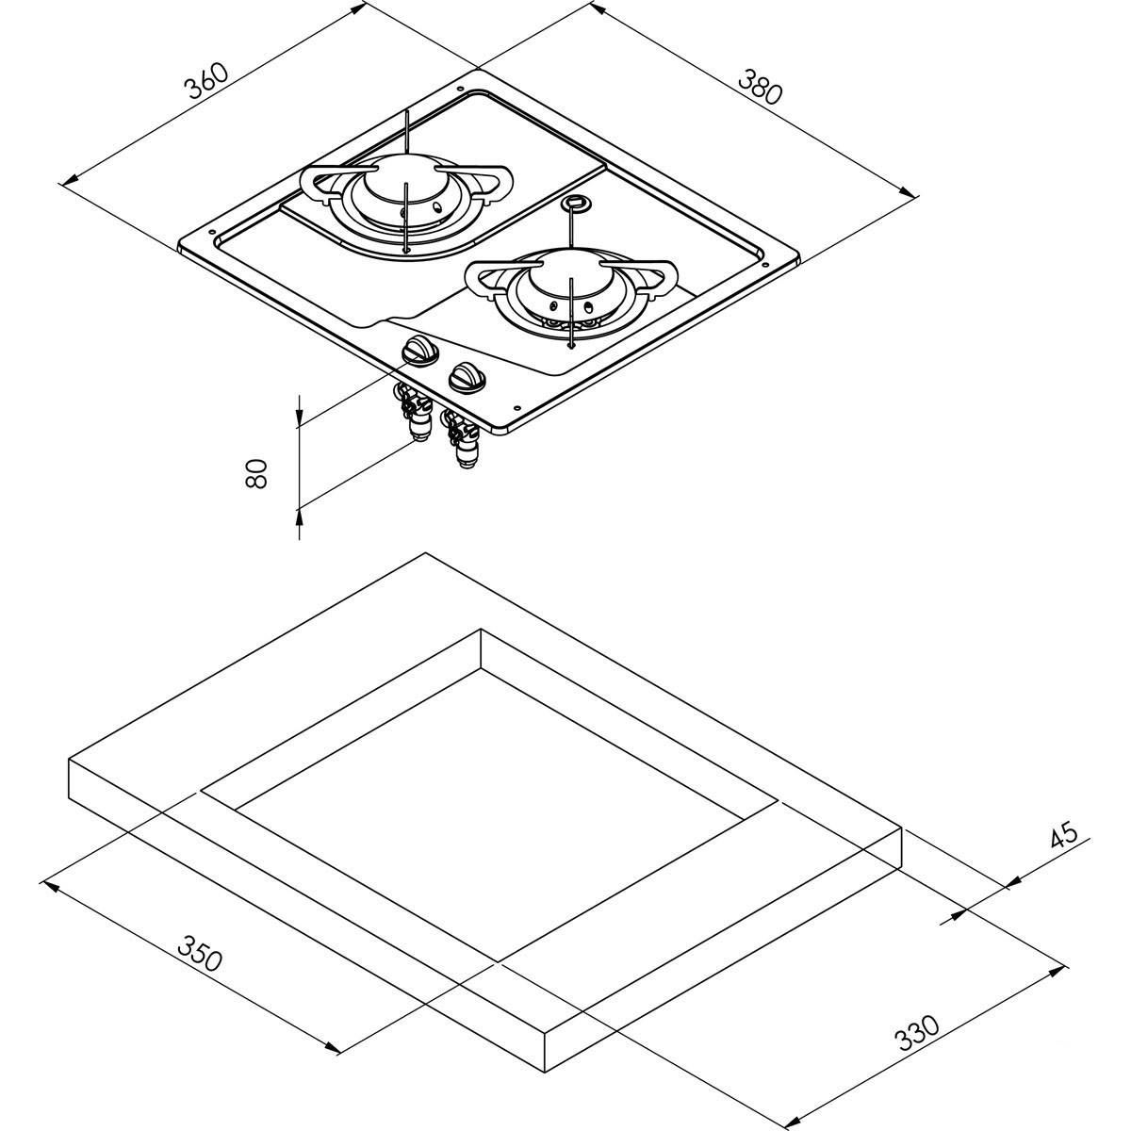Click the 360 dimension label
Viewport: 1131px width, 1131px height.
coord(206,81)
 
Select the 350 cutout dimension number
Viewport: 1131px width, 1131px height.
coord(203,954)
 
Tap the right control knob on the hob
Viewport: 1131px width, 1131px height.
coord(465,378)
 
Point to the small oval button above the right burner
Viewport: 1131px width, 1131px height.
coord(573,203)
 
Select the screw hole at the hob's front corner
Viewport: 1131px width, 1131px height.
coord(516,408)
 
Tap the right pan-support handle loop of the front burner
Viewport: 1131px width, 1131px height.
coord(664,279)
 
